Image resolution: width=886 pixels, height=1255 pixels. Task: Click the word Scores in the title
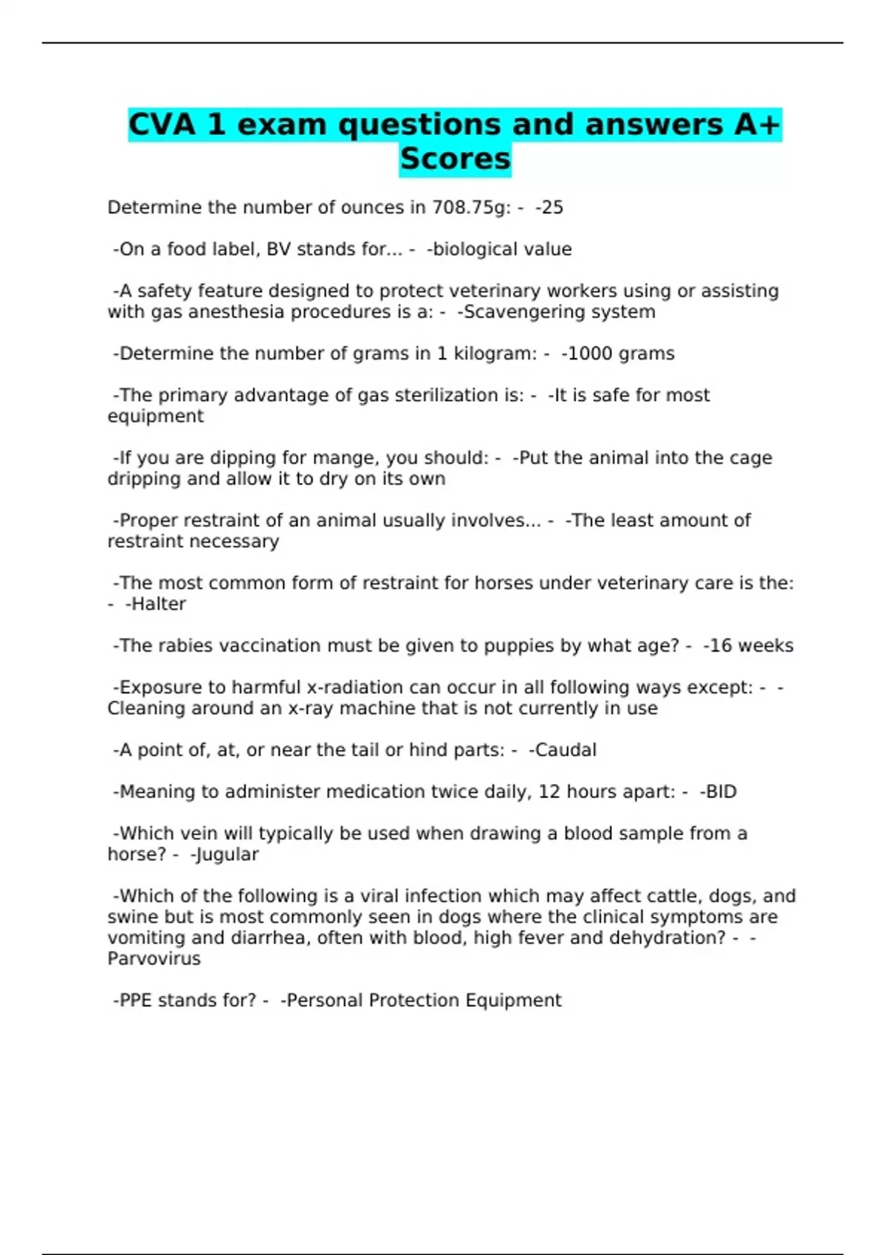click(455, 159)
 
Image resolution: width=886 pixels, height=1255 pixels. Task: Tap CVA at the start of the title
click(162, 124)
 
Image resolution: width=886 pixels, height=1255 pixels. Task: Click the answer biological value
click(502, 250)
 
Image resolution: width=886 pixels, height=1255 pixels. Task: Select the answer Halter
click(158, 604)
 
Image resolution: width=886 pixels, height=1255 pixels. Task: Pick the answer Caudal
click(566, 750)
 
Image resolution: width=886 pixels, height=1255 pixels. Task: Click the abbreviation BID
click(721, 792)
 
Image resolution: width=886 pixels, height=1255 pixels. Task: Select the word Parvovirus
click(154, 959)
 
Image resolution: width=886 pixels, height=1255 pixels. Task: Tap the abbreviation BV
click(278, 250)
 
